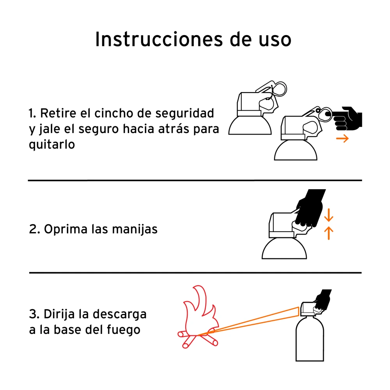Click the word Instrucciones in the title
[x=159, y=39]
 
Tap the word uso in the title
[x=275, y=40]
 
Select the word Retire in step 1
[x=58, y=113]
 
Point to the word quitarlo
[x=52, y=145]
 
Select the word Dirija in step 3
[x=59, y=314]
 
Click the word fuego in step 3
[x=124, y=330]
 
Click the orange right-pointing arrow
[x=342, y=138]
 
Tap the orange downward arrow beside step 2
[x=328, y=215]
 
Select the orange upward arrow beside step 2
[x=328, y=233]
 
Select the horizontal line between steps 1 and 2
[x=195, y=180]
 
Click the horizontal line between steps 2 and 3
[x=195, y=273]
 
